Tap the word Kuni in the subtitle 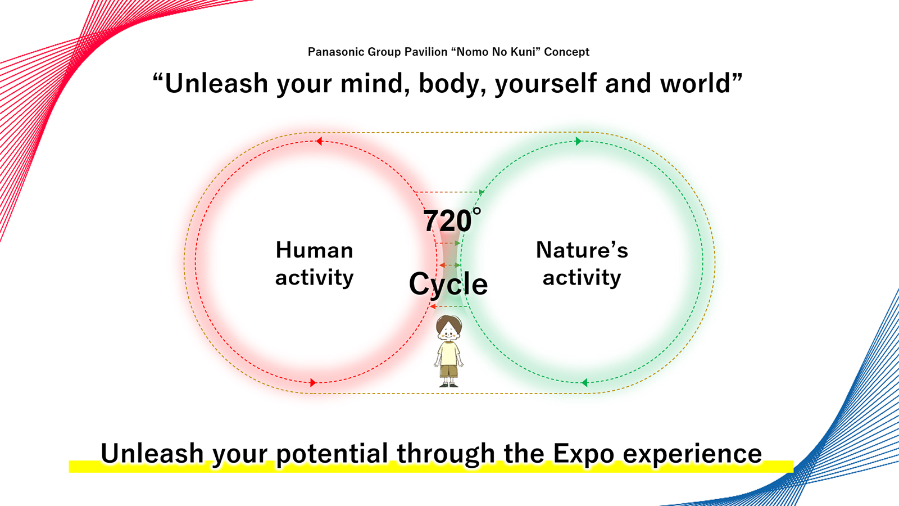click(x=523, y=52)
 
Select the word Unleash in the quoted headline click(x=216, y=83)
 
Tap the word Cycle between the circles click(x=448, y=284)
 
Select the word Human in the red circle click(x=314, y=250)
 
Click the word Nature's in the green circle click(x=582, y=250)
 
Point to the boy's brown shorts click(x=449, y=371)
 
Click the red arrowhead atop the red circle click(x=319, y=141)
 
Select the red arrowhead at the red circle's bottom click(x=313, y=383)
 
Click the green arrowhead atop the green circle click(x=578, y=141)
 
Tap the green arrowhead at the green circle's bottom click(x=585, y=383)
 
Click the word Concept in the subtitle click(x=567, y=52)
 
